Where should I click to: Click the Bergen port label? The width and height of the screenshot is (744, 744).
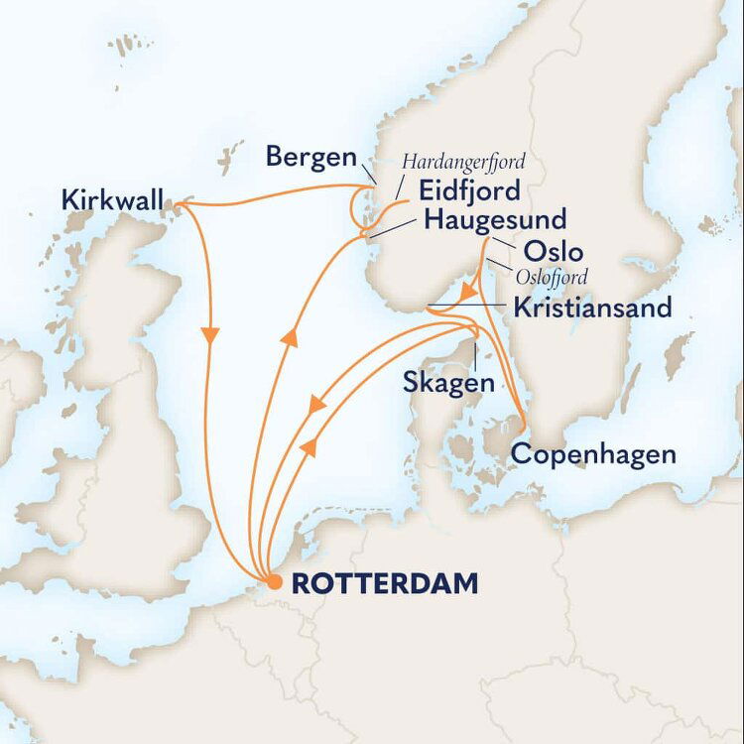click(x=311, y=157)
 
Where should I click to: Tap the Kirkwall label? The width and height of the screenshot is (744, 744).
click(x=110, y=197)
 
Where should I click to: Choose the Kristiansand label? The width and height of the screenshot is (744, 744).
click(x=591, y=308)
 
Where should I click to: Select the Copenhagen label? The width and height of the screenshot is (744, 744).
click(x=593, y=455)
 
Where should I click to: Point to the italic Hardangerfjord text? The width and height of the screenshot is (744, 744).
click(x=462, y=160)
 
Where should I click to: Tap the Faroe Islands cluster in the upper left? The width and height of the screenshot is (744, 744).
click(x=123, y=45)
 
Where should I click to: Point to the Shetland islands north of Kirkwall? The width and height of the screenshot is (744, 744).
click(x=230, y=154)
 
